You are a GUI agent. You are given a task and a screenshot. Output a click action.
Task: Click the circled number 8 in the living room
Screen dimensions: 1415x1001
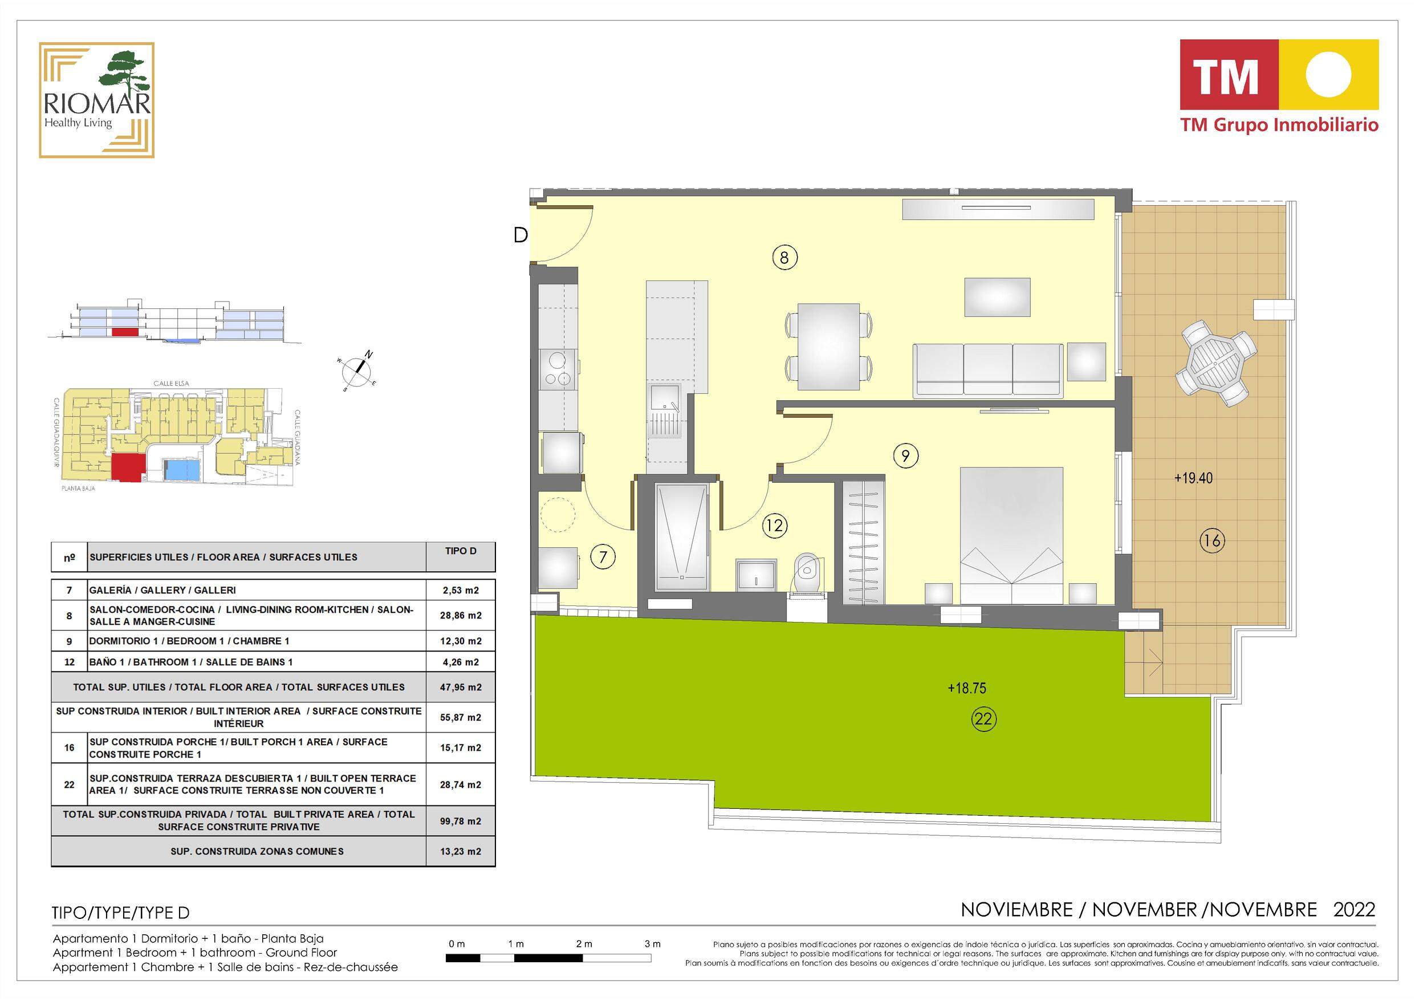(784, 257)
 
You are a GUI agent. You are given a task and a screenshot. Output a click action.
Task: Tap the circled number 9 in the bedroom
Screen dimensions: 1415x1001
(905, 455)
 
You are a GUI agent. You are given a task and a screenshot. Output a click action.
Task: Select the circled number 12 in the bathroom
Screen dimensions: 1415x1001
(775, 525)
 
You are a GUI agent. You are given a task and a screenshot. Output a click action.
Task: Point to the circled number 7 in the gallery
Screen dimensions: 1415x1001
(603, 557)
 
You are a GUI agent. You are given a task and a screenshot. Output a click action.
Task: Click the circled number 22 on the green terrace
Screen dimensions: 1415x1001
(983, 719)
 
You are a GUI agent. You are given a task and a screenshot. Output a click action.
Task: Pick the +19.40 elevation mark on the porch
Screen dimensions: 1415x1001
(1193, 478)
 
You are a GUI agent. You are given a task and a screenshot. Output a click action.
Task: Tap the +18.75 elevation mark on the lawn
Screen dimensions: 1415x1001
(967, 688)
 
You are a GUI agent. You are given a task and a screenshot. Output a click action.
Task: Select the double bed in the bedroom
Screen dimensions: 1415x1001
(1011, 535)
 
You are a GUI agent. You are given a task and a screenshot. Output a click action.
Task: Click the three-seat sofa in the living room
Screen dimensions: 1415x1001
(987, 370)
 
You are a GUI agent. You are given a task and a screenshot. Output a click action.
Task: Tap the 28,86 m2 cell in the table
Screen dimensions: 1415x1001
(461, 615)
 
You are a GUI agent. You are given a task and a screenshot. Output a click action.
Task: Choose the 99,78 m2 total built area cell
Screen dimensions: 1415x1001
(461, 821)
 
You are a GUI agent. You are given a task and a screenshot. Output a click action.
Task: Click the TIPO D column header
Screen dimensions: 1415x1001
(461, 551)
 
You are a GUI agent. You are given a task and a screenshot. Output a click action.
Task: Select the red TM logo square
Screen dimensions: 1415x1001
(1229, 75)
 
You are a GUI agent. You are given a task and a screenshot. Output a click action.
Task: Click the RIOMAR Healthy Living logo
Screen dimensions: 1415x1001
(97, 100)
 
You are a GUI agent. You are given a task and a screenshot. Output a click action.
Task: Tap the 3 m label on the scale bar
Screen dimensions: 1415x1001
(653, 943)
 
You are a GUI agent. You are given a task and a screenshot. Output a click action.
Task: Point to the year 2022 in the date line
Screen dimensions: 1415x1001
(1354, 910)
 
